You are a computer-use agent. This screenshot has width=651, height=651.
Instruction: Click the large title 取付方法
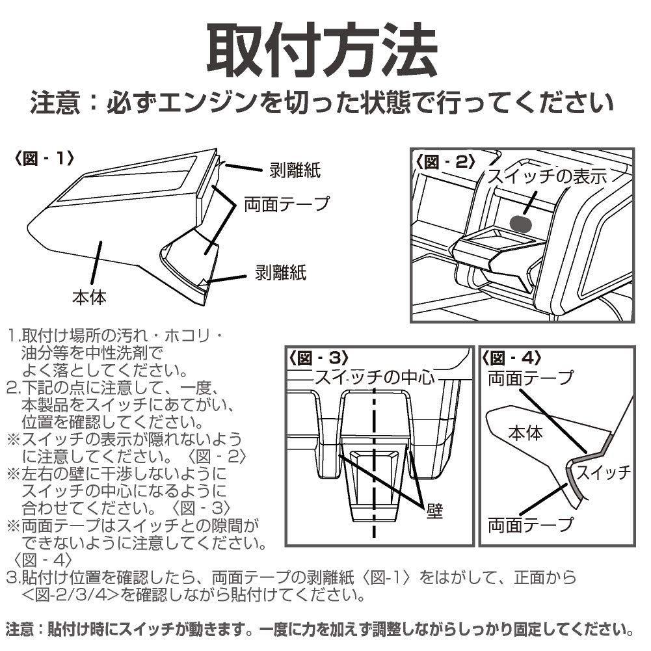pyautogui.click(x=321, y=51)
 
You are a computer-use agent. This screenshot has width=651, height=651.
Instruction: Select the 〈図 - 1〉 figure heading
pyautogui.click(x=44, y=159)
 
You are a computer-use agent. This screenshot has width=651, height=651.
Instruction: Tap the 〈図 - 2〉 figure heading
pyautogui.click(x=449, y=163)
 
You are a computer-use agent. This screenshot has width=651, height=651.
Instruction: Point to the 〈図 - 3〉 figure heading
pyautogui.click(x=319, y=358)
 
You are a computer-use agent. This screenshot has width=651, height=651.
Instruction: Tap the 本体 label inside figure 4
pyautogui.click(x=525, y=432)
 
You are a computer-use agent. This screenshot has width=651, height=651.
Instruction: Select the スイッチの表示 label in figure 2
pyautogui.click(x=547, y=177)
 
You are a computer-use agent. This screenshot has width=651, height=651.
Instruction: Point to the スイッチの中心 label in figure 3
pyautogui.click(x=374, y=378)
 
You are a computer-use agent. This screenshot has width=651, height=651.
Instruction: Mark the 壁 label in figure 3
pyautogui.click(x=434, y=511)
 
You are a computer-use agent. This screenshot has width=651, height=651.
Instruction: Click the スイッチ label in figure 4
pyautogui.click(x=604, y=472)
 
